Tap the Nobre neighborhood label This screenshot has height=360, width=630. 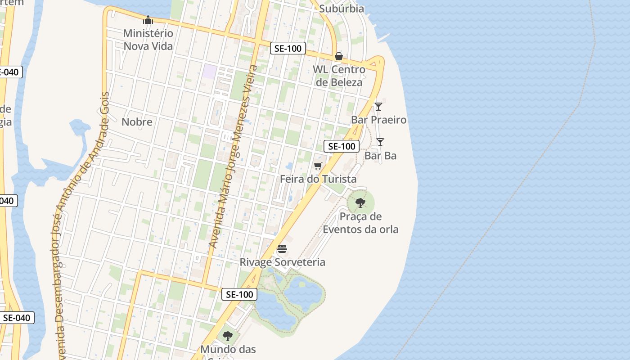[x=137, y=121]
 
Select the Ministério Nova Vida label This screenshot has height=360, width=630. [x=148, y=40]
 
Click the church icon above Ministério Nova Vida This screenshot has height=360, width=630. [x=148, y=20]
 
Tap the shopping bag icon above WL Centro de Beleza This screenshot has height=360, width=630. [x=339, y=56]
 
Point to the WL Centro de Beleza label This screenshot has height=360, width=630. [x=339, y=76]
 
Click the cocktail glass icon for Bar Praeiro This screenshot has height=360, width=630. [x=378, y=107]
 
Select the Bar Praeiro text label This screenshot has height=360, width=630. [x=378, y=120]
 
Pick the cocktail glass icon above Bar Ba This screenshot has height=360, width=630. [x=380, y=142]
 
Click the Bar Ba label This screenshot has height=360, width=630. [x=380, y=156]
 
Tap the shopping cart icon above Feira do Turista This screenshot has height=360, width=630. [x=318, y=166]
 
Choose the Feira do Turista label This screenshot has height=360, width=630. [x=318, y=179]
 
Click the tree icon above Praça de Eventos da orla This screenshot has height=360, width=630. [x=360, y=203]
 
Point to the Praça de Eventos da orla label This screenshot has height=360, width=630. [x=360, y=223]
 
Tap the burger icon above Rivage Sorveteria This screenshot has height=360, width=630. [x=282, y=249]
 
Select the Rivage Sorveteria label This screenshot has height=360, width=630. [x=282, y=262]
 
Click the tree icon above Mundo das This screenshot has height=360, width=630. [x=228, y=336]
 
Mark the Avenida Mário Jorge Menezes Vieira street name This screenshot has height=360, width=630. [x=233, y=157]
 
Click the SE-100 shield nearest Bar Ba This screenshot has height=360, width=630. [x=342, y=146]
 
